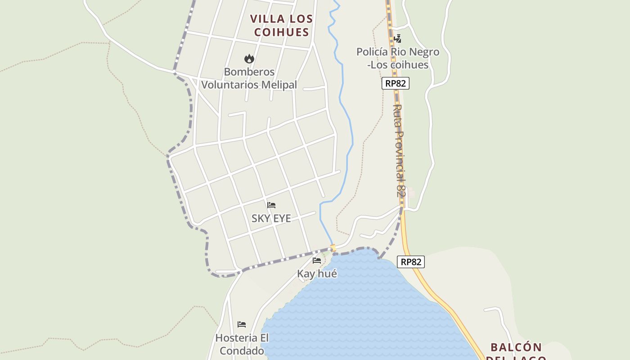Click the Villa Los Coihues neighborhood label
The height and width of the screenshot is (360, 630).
coord(281,25)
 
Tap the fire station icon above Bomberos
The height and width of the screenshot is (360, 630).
coord(249,58)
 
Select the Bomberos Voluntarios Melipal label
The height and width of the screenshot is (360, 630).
coord(249,78)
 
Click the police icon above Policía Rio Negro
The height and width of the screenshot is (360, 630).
coord(397,39)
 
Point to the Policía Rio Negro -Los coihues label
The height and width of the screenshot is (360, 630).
coord(398,58)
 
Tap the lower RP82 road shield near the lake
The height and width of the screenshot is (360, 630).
coord(411,261)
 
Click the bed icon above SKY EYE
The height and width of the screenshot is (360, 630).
coord(271,205)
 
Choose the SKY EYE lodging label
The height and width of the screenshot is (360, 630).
coord(271,219)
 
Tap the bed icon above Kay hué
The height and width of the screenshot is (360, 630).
coord(317,261)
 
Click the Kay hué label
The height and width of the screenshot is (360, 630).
coord(317,274)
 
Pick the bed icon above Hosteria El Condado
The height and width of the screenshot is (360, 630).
coord(242,324)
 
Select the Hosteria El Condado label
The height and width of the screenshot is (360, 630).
coord(242,344)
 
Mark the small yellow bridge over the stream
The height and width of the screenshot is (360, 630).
coord(333,248)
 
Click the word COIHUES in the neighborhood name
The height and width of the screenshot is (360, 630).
coord(281,32)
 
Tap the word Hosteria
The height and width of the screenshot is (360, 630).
coord(236,338)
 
